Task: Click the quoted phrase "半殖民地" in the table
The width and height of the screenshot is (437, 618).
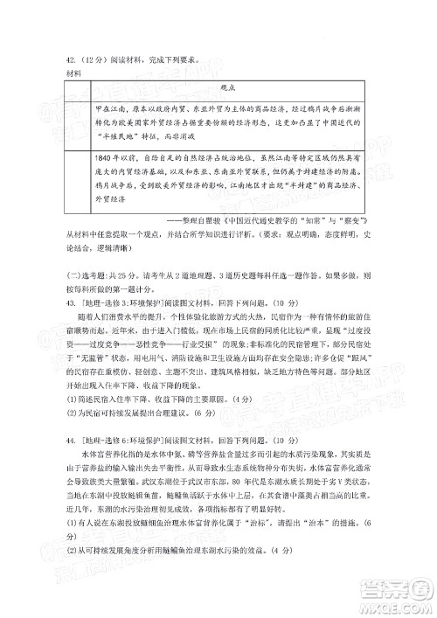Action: (114, 137)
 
